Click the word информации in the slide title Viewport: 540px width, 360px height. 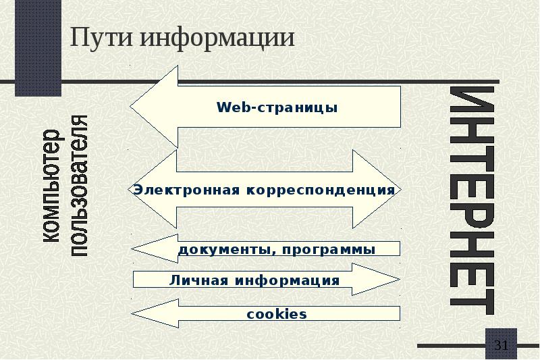click(217, 37)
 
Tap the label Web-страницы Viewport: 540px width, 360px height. click(277, 108)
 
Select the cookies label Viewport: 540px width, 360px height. click(277, 314)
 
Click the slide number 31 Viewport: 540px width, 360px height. click(501, 346)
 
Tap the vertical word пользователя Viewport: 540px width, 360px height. click(80, 186)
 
